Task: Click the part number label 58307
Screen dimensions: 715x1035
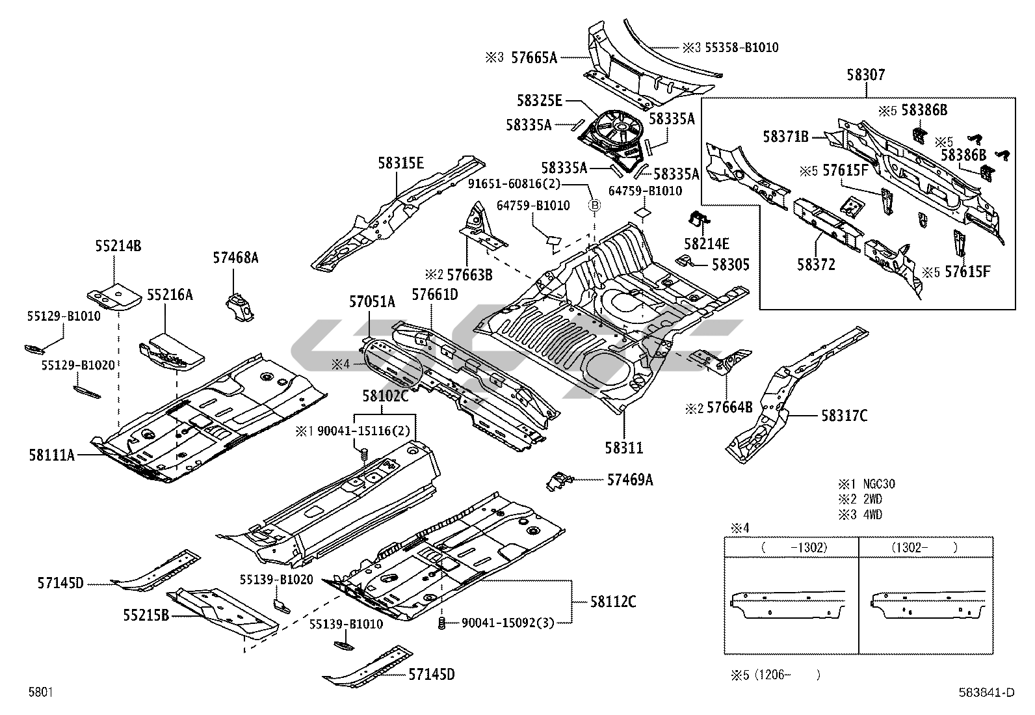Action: click(x=865, y=75)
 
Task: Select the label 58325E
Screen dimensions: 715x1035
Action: click(x=539, y=101)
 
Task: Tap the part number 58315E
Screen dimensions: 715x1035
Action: click(x=400, y=163)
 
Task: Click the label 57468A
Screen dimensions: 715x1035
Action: click(x=235, y=258)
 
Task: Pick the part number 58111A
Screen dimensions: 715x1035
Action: click(x=51, y=455)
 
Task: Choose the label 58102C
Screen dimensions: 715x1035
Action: click(x=385, y=396)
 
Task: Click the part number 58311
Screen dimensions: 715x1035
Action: click(x=623, y=448)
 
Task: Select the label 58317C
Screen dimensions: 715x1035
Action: click(x=844, y=415)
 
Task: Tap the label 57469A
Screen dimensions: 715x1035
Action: click(x=629, y=480)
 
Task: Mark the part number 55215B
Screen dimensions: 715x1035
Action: click(x=146, y=614)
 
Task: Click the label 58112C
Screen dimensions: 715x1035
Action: click(x=613, y=601)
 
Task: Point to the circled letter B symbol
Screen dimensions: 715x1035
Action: click(x=594, y=206)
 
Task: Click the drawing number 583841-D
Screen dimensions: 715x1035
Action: click(x=986, y=693)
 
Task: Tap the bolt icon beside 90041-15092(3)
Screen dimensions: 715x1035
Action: click(x=442, y=624)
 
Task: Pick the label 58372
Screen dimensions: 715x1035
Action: click(x=816, y=265)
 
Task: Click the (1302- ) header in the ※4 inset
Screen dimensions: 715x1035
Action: click(x=924, y=548)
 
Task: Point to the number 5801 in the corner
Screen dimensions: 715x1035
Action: click(x=40, y=693)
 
